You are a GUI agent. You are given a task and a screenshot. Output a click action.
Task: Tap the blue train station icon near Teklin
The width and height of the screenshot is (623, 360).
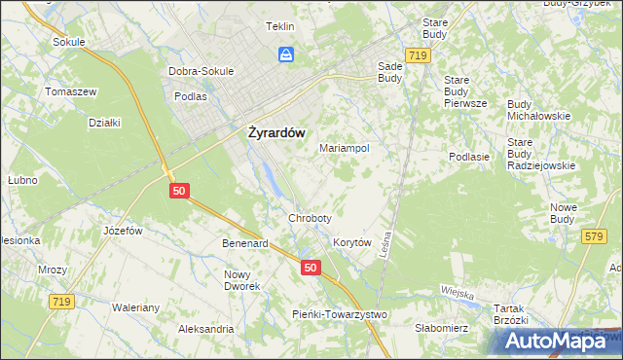(x=286, y=54)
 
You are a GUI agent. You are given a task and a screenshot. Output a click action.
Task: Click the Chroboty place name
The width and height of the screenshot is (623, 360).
(x=311, y=218)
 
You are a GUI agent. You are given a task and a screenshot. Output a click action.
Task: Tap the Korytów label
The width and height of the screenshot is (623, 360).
(x=353, y=242)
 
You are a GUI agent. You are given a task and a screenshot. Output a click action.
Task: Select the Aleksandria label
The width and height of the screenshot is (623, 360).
(x=205, y=329)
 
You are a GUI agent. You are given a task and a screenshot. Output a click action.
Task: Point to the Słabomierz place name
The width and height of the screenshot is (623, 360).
(x=443, y=328)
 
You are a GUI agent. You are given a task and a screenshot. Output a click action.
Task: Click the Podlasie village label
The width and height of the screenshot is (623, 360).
(x=468, y=157)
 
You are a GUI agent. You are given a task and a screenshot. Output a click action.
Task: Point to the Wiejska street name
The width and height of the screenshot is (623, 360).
(x=456, y=293)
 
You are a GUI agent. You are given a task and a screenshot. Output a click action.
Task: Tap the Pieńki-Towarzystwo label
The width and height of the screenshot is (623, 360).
(x=340, y=314)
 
